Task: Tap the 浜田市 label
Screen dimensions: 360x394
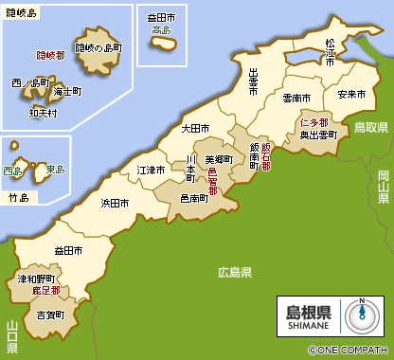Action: point(115,203)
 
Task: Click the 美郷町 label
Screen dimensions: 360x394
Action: point(219,161)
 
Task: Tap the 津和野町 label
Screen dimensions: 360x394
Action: point(36,279)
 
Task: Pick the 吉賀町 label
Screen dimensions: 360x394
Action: point(50,314)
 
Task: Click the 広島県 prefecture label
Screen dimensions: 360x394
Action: point(234,273)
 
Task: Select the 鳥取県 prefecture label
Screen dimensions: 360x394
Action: point(369,126)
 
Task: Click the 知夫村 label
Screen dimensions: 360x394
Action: point(42,112)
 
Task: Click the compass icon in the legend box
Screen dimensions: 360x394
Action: point(360,314)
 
